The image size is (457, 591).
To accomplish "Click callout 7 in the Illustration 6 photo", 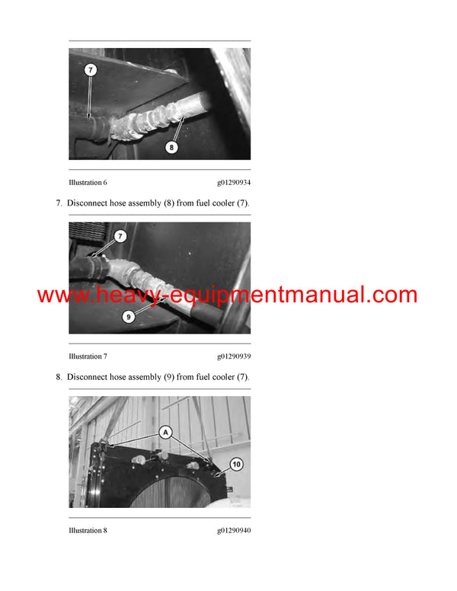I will (91, 70).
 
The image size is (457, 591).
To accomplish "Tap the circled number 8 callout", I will (171, 148).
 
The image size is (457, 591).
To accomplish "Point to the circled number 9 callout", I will (129, 316).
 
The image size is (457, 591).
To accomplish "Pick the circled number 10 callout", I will (236, 464).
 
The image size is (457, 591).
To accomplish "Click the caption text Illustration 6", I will (88, 183).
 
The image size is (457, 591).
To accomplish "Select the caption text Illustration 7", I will (88, 356).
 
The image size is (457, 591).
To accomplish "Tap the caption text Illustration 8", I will (88, 530).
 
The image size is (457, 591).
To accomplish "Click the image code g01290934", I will (233, 183).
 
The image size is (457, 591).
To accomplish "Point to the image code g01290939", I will (233, 356).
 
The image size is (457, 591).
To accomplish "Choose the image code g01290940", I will (233, 530).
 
